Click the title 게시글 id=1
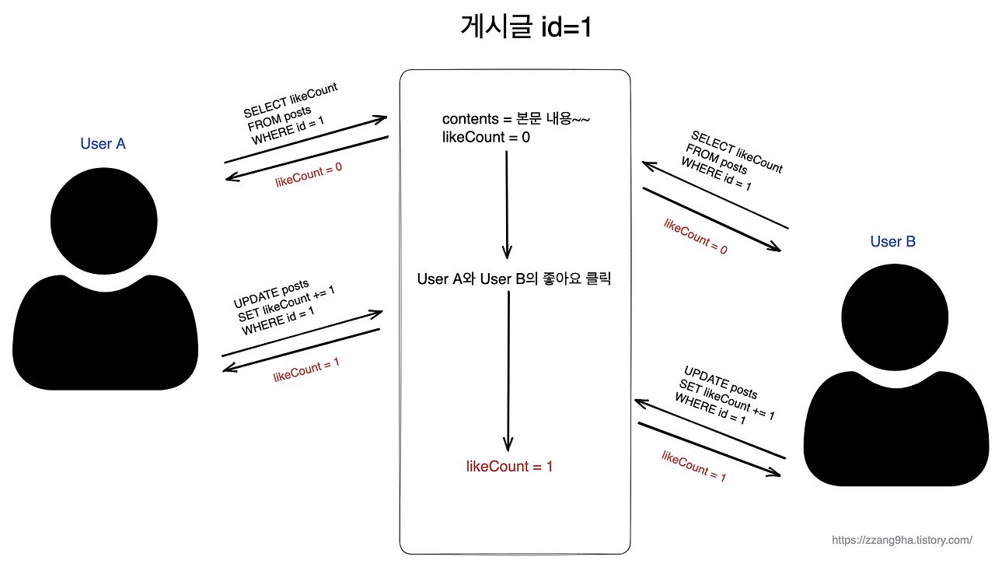tap(526, 28)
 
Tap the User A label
tap(103, 144)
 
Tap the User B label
tap(892, 242)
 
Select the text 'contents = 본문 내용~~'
tap(517, 119)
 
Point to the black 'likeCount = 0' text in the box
tap(486, 138)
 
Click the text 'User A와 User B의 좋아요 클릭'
tap(514, 278)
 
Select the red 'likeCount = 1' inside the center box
tap(509, 467)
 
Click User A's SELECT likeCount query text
tap(292, 114)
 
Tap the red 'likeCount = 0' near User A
tap(309, 176)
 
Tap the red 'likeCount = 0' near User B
tap(695, 236)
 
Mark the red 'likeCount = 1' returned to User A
tap(305, 370)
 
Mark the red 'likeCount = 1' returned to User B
tap(693, 466)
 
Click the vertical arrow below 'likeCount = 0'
tap(507, 204)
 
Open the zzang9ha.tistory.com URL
tap(902, 540)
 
